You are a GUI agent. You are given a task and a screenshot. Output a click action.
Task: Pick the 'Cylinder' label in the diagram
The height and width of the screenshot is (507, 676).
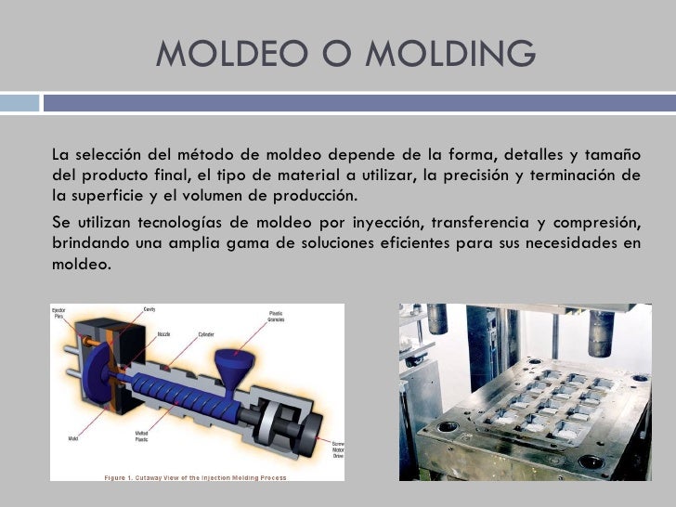[206, 333]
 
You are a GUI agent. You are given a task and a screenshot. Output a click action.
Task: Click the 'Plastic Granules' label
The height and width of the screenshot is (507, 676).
[276, 317]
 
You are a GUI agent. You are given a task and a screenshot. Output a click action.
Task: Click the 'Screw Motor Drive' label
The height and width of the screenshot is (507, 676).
[338, 449]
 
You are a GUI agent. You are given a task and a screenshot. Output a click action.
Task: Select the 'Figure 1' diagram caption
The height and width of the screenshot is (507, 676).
[195, 476]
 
